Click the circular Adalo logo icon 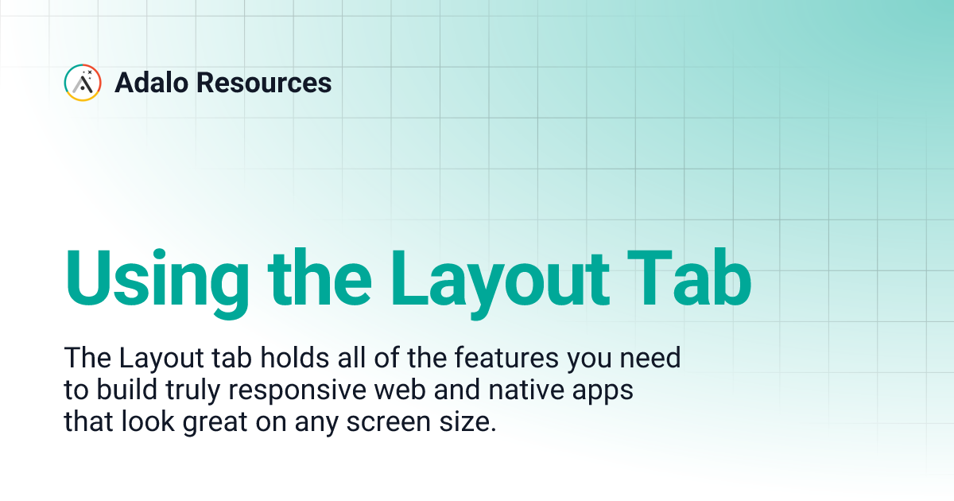(x=83, y=82)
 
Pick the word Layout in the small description (x=148, y=359)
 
